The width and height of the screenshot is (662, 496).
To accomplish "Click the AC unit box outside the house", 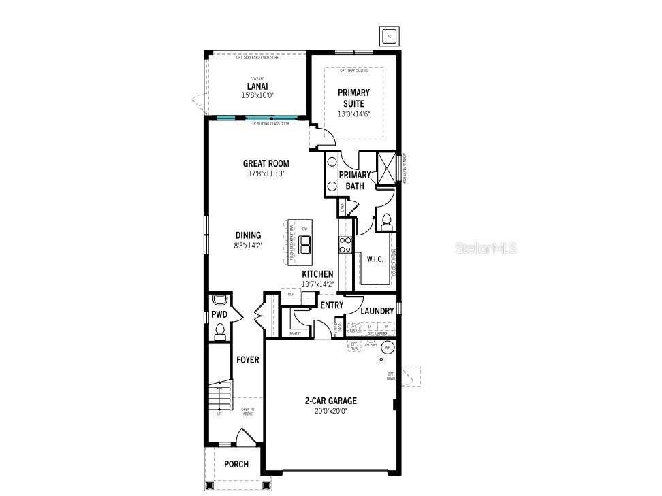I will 390,36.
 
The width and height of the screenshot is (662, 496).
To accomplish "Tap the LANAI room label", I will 257,86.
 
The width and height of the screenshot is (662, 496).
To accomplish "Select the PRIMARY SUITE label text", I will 353,98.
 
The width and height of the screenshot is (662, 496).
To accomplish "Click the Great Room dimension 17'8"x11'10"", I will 266,173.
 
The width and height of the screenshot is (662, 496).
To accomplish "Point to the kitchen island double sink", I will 304,244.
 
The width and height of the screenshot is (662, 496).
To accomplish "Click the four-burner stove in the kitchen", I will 345,244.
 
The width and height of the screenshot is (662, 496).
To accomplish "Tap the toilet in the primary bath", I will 386,220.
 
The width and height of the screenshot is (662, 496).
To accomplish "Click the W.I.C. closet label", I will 375,259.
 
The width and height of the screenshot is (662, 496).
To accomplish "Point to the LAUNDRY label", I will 377,311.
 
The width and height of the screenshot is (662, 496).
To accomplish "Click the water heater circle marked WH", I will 388,347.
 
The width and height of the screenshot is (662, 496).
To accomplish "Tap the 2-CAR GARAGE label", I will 330,401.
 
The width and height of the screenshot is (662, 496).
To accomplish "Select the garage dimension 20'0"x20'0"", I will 330,411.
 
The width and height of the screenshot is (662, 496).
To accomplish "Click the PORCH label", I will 236,465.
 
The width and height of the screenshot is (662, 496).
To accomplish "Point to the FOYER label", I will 247,359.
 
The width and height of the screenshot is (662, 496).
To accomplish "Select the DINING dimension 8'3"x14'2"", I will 248,246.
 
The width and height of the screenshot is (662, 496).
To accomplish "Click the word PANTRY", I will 296,333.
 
